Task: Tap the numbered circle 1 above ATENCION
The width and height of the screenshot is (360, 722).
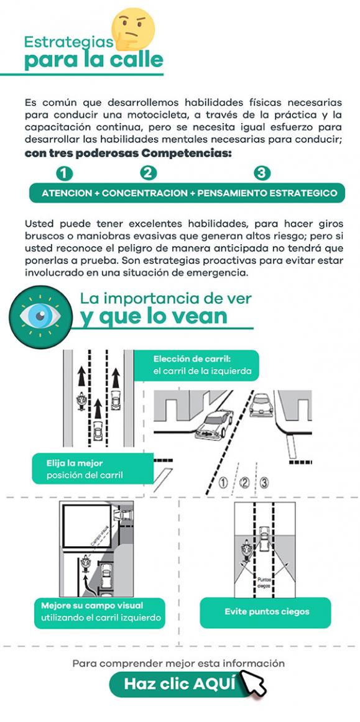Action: click(63, 173)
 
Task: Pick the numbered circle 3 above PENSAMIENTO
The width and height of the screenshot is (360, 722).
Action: click(262, 173)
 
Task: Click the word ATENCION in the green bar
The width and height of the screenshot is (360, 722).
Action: click(67, 193)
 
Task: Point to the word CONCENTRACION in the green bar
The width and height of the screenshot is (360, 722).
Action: click(145, 193)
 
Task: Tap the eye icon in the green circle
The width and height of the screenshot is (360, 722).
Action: click(39, 315)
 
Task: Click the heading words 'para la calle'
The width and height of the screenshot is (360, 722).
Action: click(93, 60)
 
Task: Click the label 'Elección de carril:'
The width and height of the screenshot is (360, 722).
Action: click(192, 359)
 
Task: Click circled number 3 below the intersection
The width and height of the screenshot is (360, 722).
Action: click(264, 482)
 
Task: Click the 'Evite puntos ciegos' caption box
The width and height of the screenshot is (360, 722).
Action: click(265, 612)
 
